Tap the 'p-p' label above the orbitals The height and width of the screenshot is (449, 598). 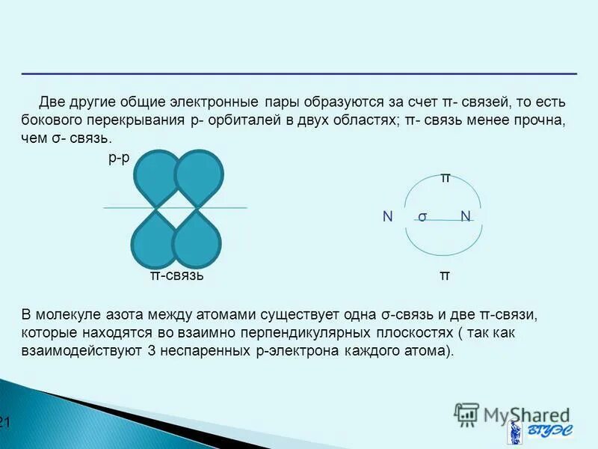pyautogui.click(x=118, y=158)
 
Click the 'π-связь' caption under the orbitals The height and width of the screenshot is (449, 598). pyautogui.click(x=177, y=275)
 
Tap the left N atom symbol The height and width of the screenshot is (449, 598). pyautogui.click(x=387, y=216)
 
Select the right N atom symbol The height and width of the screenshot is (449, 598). pyautogui.click(x=466, y=216)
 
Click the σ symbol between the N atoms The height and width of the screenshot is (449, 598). pyautogui.click(x=422, y=217)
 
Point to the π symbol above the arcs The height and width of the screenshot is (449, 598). pyautogui.click(x=445, y=177)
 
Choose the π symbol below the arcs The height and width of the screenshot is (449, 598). pyautogui.click(x=445, y=275)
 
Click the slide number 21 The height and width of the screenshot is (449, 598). pyautogui.click(x=4, y=423)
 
